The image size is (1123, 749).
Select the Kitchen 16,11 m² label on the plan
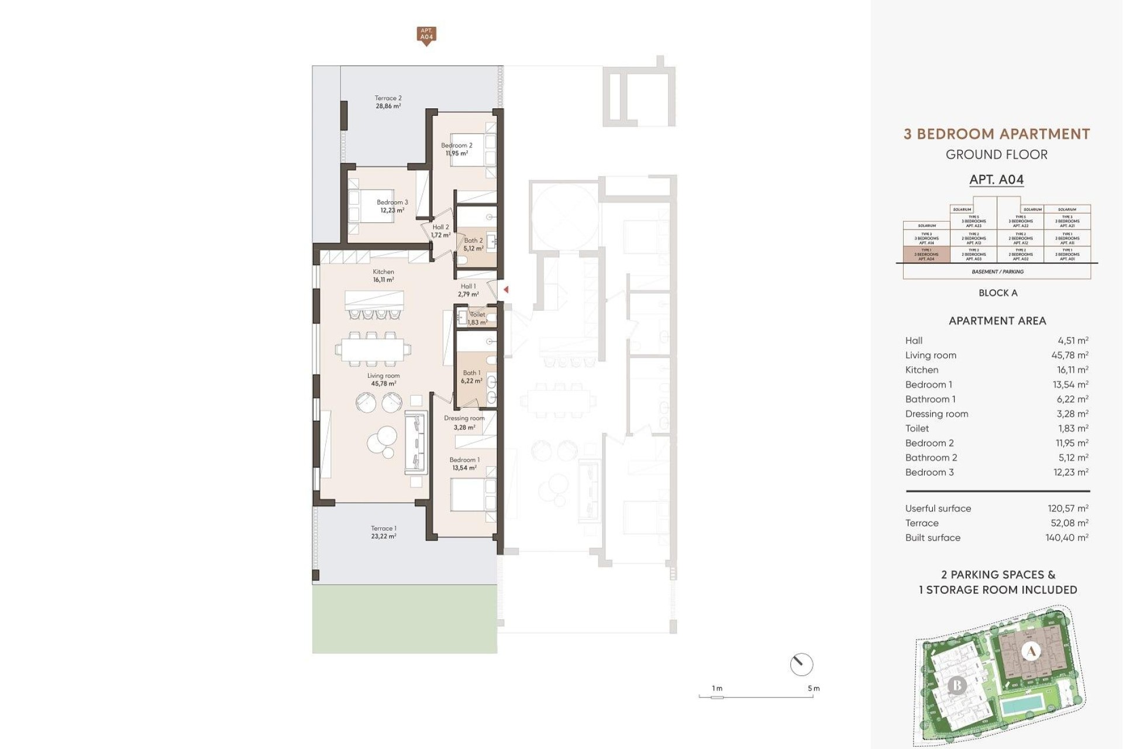pyautogui.click(x=383, y=276)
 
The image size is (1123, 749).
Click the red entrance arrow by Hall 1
pyautogui.click(x=506, y=290)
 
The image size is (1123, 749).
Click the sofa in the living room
pyautogui.click(x=415, y=442)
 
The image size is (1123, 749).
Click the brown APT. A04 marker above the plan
pyautogui.click(x=426, y=35)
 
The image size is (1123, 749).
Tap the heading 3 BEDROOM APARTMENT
pyautogui.click(x=997, y=134)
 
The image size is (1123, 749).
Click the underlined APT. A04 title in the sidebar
pyautogui.click(x=997, y=180)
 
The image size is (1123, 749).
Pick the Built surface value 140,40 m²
pyautogui.click(x=1066, y=538)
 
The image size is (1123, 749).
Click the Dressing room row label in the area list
pyautogui.click(x=936, y=414)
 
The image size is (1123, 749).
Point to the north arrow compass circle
pyautogui.click(x=801, y=665)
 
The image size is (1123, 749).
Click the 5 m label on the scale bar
pyautogui.click(x=814, y=688)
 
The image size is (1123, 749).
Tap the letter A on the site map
pyautogui.click(x=1031, y=651)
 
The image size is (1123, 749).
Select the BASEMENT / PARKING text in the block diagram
pyautogui.click(x=997, y=272)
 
